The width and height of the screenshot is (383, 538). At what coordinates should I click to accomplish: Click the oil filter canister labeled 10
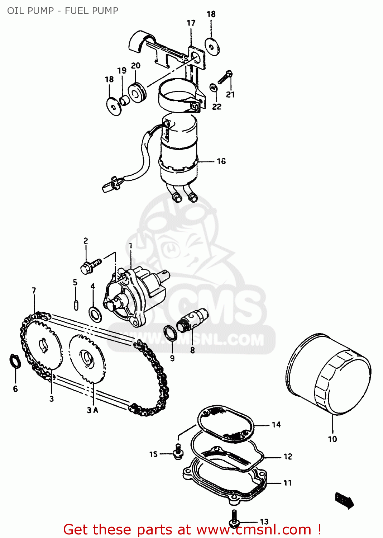[x=329, y=375]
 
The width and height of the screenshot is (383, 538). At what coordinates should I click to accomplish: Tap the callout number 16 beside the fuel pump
[x=221, y=161]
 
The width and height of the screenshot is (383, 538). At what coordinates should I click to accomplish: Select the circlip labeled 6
[x=15, y=361]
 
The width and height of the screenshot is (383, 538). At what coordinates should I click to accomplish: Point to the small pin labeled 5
[x=76, y=305]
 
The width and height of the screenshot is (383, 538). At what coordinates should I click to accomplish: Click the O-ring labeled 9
[x=170, y=332]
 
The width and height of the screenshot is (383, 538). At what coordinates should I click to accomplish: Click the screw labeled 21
[x=225, y=77]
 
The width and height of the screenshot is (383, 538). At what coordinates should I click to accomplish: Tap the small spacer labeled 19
[x=124, y=101]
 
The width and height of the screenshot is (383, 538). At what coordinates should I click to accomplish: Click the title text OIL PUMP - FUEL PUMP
[x=63, y=11]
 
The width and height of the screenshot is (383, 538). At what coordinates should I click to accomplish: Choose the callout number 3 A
[x=92, y=410]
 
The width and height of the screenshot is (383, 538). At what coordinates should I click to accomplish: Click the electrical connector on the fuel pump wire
[x=110, y=186]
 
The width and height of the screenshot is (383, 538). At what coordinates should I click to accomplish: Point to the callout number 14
[x=276, y=425]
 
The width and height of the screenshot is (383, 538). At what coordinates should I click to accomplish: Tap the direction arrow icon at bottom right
[x=344, y=500]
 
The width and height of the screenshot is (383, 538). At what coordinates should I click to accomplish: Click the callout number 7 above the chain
[x=34, y=291]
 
